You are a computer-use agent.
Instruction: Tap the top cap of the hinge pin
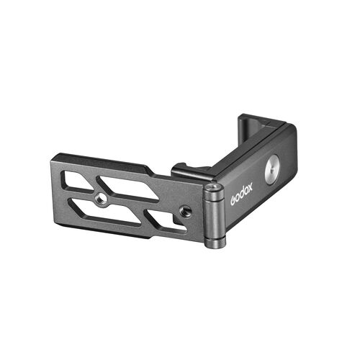[x=212, y=189]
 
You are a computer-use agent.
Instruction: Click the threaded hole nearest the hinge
[x=186, y=210]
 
